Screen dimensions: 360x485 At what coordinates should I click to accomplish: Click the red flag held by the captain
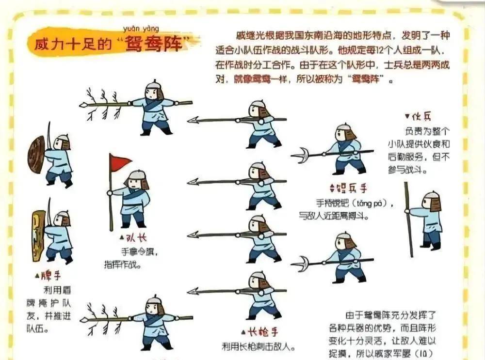pyautogui.click(x=120, y=162)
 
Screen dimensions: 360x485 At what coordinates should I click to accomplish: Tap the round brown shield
pyautogui.click(x=37, y=154)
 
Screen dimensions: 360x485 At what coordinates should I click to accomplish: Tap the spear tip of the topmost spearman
pyautogui.click(x=194, y=120)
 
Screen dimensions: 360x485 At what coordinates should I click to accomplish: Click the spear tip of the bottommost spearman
pyautogui.click(x=194, y=291)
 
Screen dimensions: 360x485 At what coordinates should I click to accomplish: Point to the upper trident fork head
pyautogui.click(x=301, y=155)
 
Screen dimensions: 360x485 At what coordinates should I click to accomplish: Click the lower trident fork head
pyautogui.click(x=301, y=264)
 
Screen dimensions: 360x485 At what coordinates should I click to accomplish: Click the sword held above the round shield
pyautogui.click(x=48, y=132)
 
